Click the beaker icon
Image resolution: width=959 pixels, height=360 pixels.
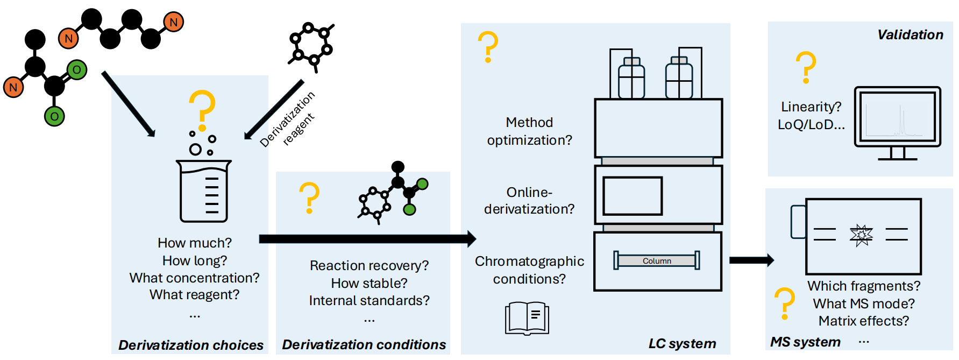204,191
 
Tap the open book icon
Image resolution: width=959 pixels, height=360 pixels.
527,318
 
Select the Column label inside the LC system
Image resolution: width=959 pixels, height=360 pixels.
657,261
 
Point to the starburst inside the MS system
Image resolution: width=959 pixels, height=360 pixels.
861,235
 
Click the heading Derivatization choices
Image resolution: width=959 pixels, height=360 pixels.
191,345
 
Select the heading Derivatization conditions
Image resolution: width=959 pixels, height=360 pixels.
364,344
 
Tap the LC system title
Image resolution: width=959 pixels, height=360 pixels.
682,343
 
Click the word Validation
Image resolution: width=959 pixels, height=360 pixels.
910,35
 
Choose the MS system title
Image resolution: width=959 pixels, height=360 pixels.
805,342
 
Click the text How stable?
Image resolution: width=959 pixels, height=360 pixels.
369,283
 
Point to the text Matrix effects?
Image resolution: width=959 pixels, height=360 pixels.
864,321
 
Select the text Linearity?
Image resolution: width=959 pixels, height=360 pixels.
811,107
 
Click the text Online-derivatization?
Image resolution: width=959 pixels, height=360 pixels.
529,200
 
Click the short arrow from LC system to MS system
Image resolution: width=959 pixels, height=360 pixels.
751,260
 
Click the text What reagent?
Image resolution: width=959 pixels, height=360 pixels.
194,294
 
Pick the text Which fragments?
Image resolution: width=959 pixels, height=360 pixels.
864,286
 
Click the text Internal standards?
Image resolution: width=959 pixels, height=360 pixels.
369,300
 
